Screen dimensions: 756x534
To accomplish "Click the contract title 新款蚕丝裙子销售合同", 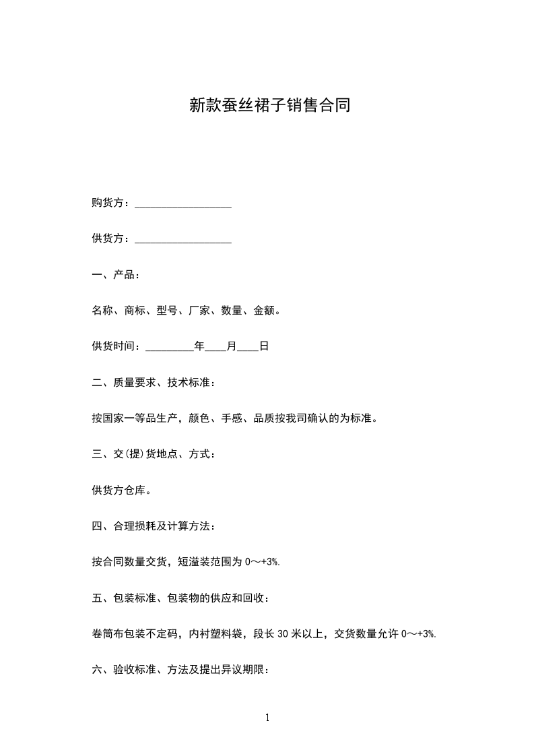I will pos(269,105).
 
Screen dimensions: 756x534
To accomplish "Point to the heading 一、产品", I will pos(116,276).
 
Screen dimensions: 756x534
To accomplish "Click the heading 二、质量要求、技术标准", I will pos(154,383).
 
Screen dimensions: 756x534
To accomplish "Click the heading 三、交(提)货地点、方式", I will pos(154,454).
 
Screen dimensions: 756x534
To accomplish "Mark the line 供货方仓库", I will pos(121,490).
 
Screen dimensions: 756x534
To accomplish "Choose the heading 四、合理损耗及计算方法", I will pos(154,526).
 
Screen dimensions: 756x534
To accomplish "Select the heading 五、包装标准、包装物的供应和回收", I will pos(181,598).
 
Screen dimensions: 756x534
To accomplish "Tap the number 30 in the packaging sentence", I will pos(283,633).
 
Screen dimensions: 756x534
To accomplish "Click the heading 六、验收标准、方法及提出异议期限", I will pos(181,669).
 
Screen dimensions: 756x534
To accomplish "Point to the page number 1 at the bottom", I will pos(267,718).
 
